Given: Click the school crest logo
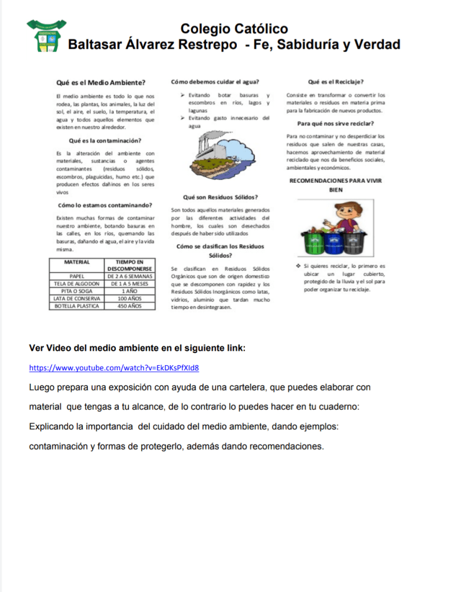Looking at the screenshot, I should (46, 36).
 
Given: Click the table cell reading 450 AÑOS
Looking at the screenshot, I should (130, 306).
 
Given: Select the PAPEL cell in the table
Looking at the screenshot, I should (76, 276).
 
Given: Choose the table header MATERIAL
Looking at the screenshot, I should (76, 262).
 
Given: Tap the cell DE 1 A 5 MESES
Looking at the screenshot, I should (130, 284).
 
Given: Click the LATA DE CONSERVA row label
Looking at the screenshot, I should (76, 298).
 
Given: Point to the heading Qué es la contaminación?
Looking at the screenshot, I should (105, 140).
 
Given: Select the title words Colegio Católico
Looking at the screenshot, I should (234, 29).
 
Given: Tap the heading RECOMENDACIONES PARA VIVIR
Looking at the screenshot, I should (335, 181).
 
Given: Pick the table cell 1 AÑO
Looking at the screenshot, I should (130, 291).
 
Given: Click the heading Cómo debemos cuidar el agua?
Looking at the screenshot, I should (215, 82).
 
